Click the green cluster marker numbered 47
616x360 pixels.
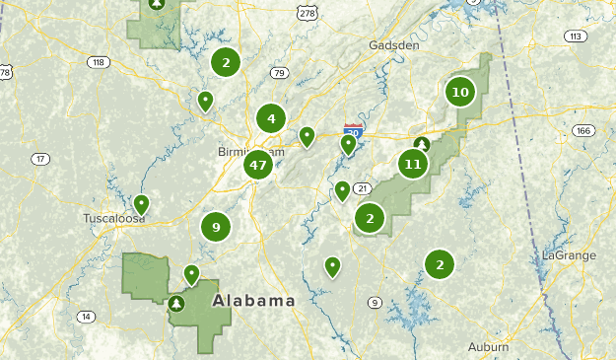(258, 165)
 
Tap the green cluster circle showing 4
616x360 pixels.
(271, 119)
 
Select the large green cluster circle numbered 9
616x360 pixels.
(216, 227)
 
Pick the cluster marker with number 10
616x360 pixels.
(459, 93)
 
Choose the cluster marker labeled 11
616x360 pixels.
(413, 164)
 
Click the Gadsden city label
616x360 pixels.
(393, 45)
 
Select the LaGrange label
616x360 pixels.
(569, 255)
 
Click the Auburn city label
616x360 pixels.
(489, 346)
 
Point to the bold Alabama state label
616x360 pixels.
(254, 301)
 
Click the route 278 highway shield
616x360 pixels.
(308, 12)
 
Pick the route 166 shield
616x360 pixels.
(583, 130)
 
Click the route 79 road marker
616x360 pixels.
(279, 72)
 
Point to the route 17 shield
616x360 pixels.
(40, 159)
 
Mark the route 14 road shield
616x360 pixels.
(87, 317)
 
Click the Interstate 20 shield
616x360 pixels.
(353, 131)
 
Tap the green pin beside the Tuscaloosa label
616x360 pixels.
(142, 204)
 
